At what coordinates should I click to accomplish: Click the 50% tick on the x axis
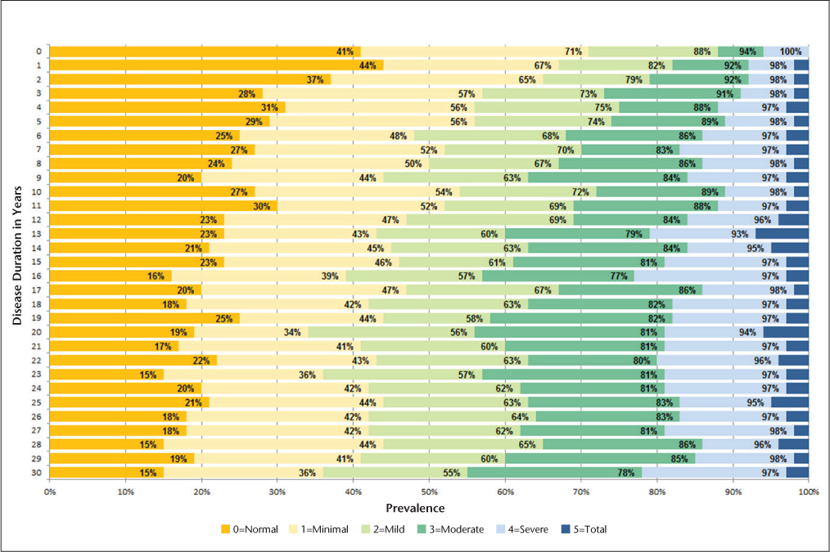(x=429, y=491)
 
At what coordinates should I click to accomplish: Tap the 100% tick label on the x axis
(x=808, y=491)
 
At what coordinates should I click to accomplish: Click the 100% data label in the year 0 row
(x=791, y=52)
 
